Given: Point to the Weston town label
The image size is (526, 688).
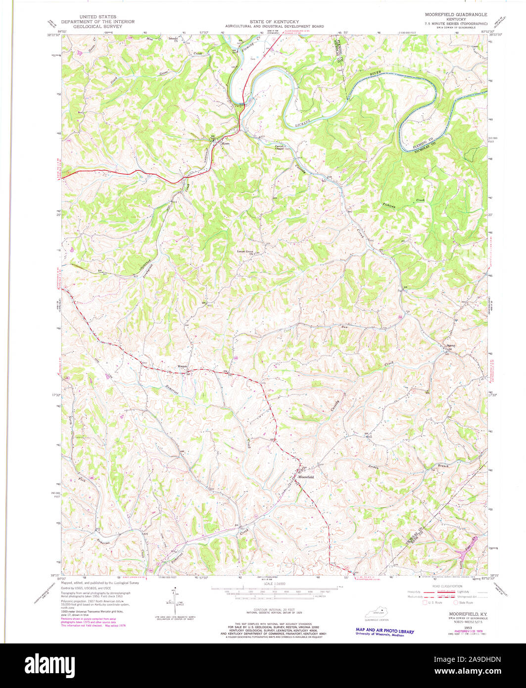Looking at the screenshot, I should coord(183,366).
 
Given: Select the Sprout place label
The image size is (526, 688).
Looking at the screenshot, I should coord(450,345).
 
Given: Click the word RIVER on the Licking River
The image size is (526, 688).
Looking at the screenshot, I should coord(378,74).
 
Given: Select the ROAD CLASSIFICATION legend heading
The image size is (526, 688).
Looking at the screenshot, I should coord(442,586).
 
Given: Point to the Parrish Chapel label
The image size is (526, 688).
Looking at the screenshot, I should coord(282,147).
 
